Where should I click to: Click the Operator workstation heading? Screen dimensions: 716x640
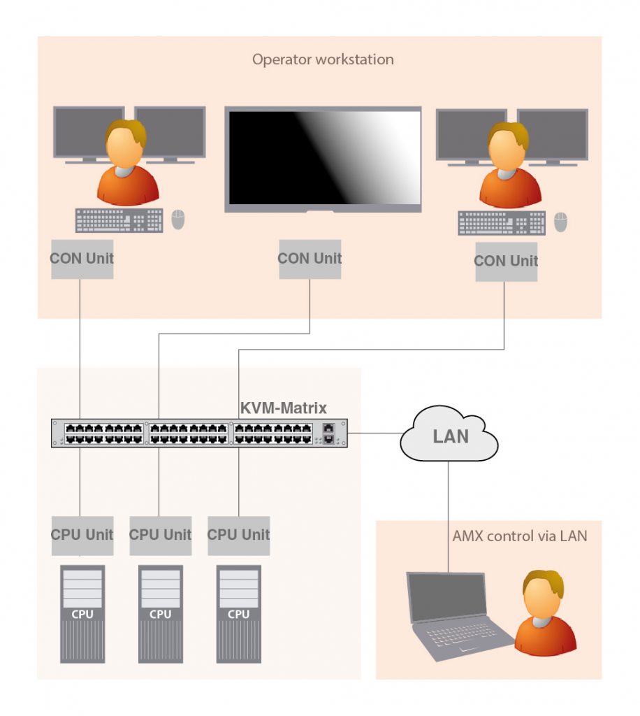point(323,59)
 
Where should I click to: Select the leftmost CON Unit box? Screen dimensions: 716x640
point(82,258)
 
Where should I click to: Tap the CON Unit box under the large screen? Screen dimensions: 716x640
point(310,259)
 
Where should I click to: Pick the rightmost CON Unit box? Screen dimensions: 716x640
point(506,262)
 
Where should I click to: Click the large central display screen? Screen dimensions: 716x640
point(323,159)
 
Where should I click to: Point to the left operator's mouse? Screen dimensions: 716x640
point(178,220)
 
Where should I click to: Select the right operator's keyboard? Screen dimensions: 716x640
point(502,223)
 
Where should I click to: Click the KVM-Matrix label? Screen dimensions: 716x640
point(283,408)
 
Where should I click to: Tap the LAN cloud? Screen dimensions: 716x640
point(450,436)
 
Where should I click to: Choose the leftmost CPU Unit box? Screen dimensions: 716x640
point(82,535)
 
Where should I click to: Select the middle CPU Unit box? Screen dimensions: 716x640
point(160,535)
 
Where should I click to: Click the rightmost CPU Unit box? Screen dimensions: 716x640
point(238,535)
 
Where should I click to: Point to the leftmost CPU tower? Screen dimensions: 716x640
point(82,614)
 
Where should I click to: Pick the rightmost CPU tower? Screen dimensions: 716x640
point(238,614)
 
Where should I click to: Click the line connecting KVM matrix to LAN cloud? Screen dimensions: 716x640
point(374,434)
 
